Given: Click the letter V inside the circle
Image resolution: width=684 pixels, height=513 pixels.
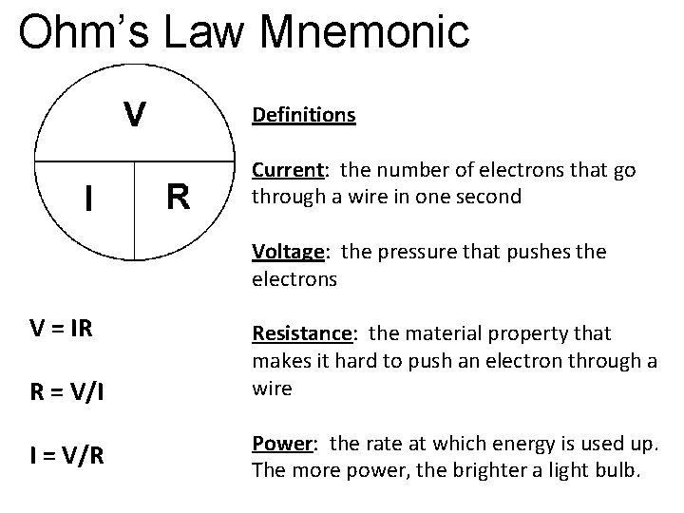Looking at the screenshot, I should pos(136,115).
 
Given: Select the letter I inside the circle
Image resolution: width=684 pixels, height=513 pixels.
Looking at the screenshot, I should pos(88,199).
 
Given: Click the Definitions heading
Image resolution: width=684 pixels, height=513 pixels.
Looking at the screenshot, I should pos(303,116).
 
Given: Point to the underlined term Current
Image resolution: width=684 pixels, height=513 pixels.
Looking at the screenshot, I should pos(285,170).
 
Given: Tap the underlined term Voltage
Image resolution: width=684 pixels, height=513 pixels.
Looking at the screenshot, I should pos(286,252).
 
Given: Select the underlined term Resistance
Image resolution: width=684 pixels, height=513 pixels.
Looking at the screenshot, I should pos(301,333).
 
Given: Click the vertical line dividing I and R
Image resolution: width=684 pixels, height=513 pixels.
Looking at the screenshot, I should pos(135,209).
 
